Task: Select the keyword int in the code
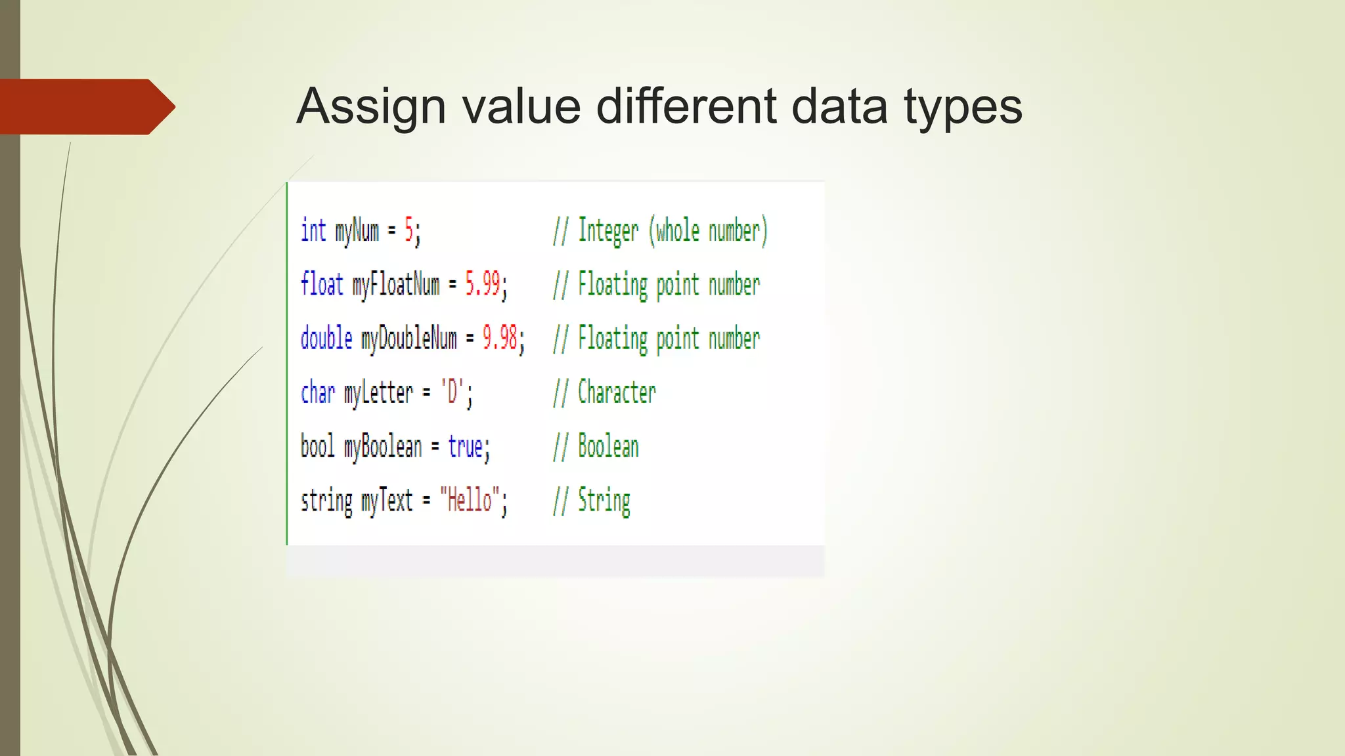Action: click(313, 231)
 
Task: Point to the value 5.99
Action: click(483, 285)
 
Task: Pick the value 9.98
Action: click(500, 339)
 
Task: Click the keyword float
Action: click(322, 285)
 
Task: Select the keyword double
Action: click(326, 339)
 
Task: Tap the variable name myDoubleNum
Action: click(408, 339)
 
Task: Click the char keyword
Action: click(318, 392)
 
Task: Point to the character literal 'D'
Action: click(452, 392)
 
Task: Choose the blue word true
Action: click(466, 446)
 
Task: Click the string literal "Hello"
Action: click(470, 500)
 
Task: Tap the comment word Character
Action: click(617, 392)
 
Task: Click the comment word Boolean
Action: click(608, 446)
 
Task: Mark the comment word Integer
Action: click(608, 231)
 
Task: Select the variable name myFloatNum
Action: click(395, 285)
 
